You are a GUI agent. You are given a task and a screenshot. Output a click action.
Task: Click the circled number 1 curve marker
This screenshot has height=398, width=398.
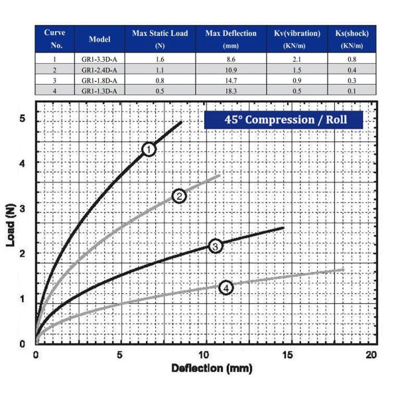(149, 150)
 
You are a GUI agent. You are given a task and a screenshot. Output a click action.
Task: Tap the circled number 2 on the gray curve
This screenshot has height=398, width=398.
(179, 196)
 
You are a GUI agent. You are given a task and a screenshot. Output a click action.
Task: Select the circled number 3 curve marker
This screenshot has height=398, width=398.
(216, 246)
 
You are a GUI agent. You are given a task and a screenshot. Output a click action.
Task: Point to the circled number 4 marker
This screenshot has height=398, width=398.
(226, 287)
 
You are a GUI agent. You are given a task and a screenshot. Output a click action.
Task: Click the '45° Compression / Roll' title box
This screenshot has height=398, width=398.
(285, 120)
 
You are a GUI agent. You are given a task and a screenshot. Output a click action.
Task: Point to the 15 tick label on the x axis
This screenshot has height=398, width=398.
(287, 355)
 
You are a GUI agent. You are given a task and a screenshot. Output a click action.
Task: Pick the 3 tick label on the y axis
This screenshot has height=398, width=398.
(23, 208)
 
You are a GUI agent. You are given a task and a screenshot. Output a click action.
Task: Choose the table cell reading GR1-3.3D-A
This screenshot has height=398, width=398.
(99, 59)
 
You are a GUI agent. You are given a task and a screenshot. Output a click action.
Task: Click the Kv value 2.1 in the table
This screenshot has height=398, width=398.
(297, 59)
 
